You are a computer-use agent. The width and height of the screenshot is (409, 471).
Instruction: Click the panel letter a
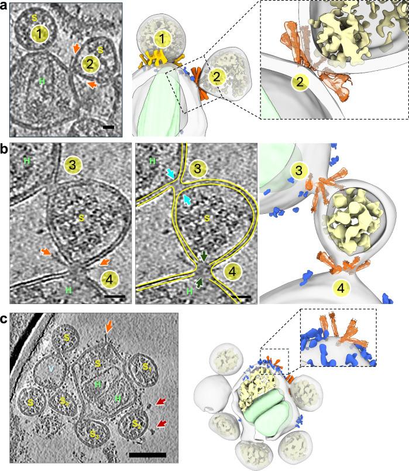(5, 6)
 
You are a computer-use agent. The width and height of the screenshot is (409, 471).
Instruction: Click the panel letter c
(5, 320)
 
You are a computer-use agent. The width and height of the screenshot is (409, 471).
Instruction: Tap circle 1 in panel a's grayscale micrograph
(39, 35)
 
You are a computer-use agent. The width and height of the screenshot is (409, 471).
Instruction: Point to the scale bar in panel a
(108, 125)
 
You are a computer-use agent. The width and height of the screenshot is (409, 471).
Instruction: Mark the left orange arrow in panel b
(46, 252)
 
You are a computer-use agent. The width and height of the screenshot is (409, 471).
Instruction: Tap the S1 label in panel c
(149, 368)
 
